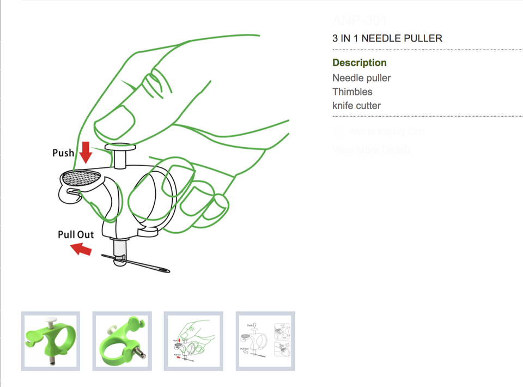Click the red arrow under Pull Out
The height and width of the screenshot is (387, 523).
82,249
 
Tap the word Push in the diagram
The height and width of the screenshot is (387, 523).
63,153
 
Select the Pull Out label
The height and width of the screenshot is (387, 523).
76,234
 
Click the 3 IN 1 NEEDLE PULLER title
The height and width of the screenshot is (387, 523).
387,38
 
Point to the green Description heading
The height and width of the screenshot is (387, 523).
360,63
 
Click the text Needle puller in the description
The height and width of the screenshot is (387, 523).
362,78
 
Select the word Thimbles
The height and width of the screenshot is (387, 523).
352,92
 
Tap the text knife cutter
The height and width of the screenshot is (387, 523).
357,105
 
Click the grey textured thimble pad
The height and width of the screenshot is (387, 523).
82,177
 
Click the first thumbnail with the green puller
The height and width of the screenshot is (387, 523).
51,341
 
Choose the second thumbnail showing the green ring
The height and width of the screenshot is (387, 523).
122,341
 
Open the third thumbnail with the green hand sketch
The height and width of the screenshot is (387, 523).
193,341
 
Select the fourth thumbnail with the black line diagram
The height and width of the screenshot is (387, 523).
265,341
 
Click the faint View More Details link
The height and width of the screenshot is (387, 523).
372,150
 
